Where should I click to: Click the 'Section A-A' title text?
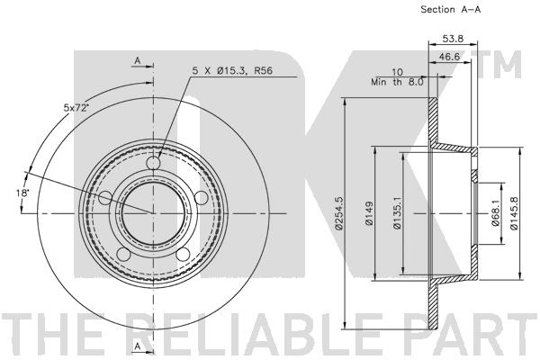click(x=450, y=10)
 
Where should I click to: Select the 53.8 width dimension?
click(x=453, y=39)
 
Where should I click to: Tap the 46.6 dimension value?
click(x=449, y=57)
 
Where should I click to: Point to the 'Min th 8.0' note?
click(x=397, y=82)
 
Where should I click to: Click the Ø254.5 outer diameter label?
click(x=339, y=212)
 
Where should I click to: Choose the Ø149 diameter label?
click(x=369, y=213)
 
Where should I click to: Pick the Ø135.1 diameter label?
click(x=397, y=213)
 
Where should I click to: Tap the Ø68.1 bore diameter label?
click(x=495, y=213)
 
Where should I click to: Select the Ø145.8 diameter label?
click(x=514, y=213)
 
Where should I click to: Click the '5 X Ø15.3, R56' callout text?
click(x=232, y=70)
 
